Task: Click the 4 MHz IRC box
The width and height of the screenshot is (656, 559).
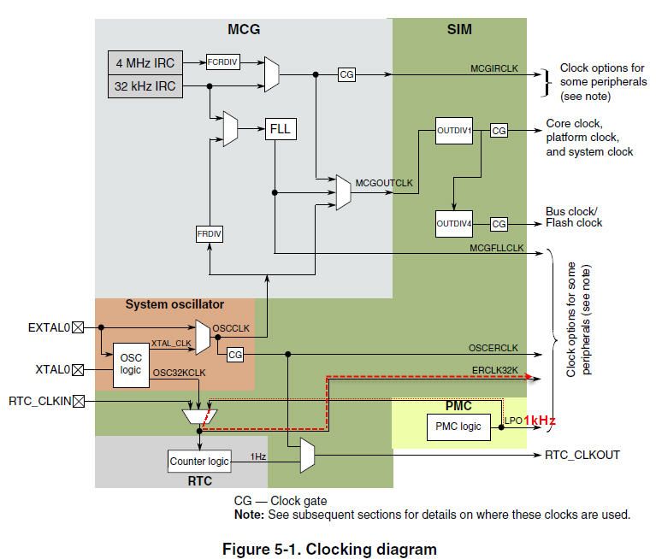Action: [x=144, y=63]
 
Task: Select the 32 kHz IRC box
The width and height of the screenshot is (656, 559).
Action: [x=144, y=86]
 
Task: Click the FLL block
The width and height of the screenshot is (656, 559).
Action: [x=281, y=130]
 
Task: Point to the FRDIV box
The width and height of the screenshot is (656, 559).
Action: [x=210, y=233]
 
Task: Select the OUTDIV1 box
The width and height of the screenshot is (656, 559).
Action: [x=454, y=130]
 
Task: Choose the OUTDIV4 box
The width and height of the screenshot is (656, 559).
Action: [x=454, y=224]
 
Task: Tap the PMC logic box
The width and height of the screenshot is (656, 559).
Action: [x=458, y=427]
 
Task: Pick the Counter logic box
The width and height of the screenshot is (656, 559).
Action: [x=200, y=461]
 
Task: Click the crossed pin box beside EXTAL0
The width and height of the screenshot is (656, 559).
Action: [x=79, y=327]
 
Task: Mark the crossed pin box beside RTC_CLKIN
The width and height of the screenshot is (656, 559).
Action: [x=79, y=400]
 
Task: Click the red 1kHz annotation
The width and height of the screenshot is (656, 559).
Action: [x=540, y=421]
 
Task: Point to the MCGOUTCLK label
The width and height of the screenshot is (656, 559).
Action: [x=384, y=183]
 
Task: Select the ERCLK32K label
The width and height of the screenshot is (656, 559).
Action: [x=495, y=368]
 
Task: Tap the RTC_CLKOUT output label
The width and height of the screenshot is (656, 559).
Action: [x=582, y=456]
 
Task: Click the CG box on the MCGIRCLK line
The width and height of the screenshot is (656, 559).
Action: [x=346, y=75]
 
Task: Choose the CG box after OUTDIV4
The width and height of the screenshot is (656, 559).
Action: [x=499, y=224]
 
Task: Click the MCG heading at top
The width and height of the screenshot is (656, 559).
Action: [x=243, y=30]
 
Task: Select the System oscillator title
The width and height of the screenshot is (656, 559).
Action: [x=174, y=304]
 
